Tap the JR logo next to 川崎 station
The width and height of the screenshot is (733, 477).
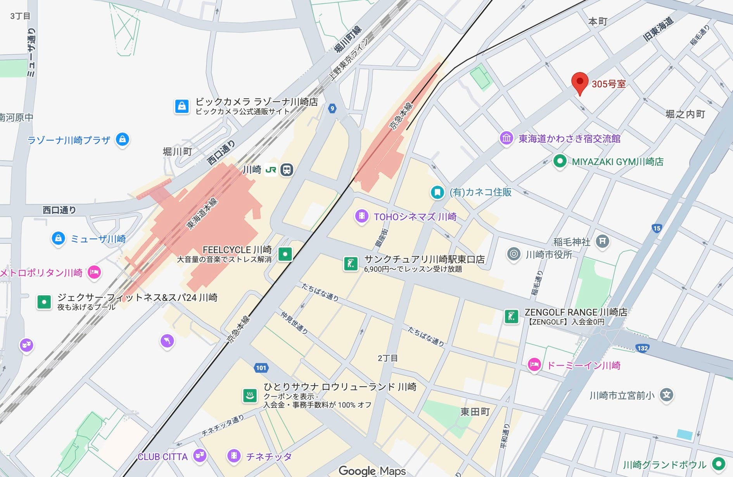271,170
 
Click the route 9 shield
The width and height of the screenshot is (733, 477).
332,108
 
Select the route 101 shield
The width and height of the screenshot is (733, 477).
261,368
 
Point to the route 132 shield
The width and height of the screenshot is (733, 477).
642,348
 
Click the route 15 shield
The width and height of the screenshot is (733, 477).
656,228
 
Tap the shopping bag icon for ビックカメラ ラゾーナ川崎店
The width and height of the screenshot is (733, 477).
182,106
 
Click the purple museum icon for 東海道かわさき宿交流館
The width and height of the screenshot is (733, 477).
506,138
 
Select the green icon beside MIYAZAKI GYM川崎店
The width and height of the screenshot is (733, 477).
559,161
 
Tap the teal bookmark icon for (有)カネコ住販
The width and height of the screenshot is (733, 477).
437,192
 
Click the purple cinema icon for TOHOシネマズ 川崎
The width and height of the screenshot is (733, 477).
361,216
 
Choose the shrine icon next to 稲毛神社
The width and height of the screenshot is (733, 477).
602,241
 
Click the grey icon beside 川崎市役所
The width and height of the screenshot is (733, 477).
514,254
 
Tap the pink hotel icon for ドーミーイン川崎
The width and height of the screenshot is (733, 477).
534,364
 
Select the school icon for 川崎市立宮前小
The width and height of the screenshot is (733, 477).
666,395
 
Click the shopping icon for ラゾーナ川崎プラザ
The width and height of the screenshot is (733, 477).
123,139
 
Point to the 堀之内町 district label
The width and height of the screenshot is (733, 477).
685,114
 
